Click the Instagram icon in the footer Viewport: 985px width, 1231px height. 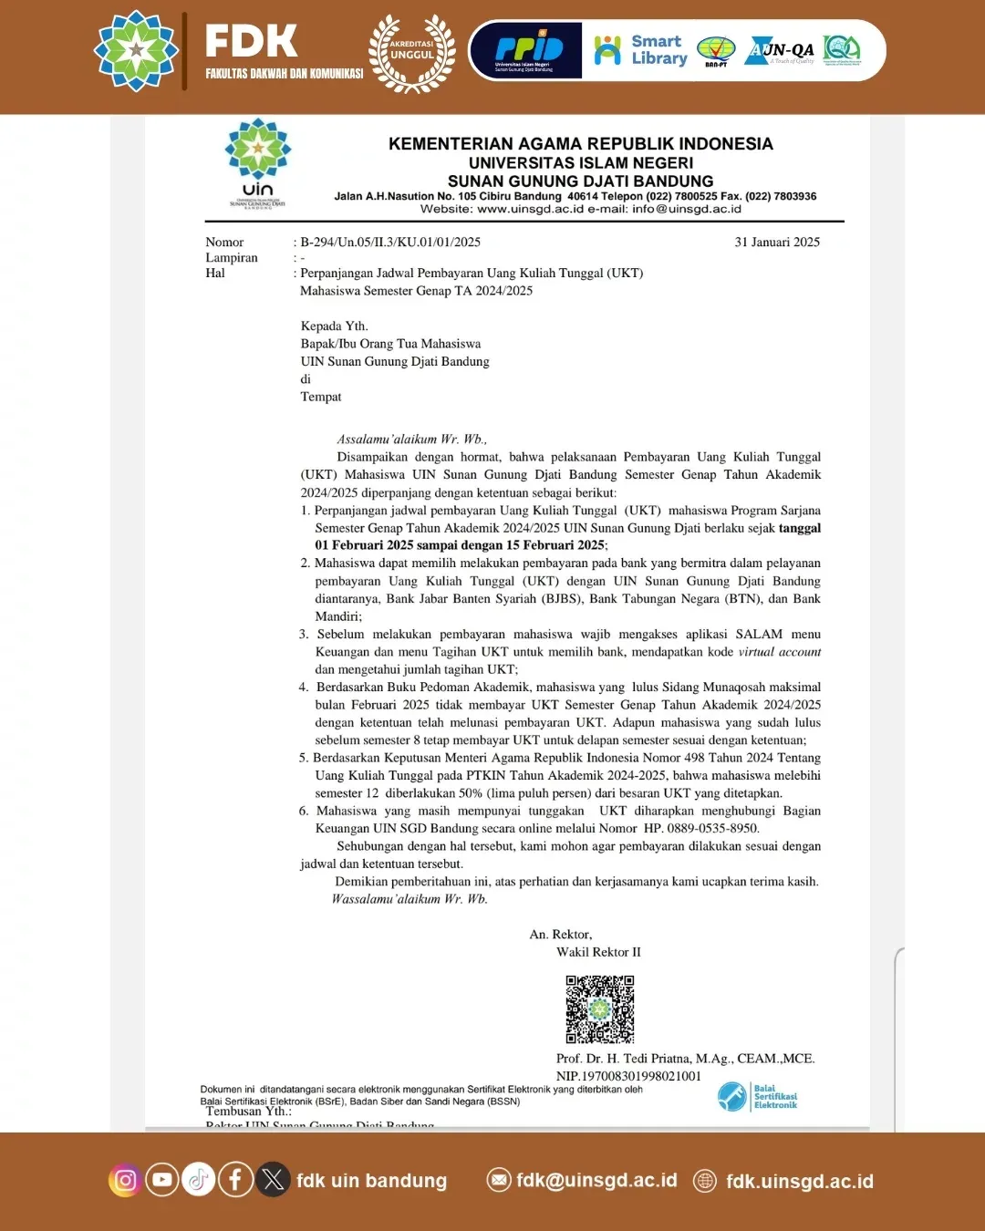coord(126,1180)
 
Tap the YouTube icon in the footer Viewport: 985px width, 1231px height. coord(162,1180)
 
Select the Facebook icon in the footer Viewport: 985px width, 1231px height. coord(235,1180)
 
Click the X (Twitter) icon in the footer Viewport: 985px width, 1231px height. coord(272,1180)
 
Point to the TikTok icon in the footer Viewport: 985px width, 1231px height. coord(198,1180)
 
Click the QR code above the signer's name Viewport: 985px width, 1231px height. coord(599,1009)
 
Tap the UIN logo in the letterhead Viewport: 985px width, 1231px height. coord(258,163)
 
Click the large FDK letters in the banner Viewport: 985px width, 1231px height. coord(251,41)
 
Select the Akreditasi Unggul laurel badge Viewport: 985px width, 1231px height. coord(412,53)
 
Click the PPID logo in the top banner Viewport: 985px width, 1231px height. coord(527,51)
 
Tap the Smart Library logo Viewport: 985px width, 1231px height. coord(640,50)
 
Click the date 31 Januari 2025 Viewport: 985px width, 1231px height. coord(777,243)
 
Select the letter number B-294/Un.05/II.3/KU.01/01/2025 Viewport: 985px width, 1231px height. coord(390,243)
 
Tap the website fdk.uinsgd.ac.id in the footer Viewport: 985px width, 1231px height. coord(799,1182)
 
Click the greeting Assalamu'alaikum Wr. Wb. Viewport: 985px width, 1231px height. coord(411,440)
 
